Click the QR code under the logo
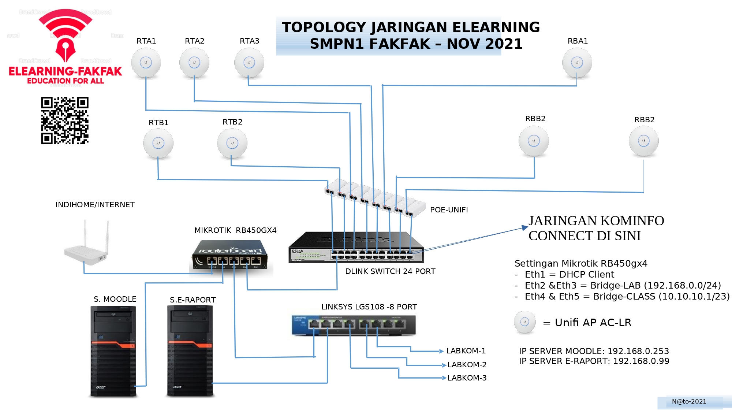(x=65, y=120)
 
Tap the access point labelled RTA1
(x=146, y=63)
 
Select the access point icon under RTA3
(x=249, y=63)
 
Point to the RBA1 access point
(x=577, y=63)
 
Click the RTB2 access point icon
(x=232, y=143)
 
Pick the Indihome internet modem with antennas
(x=86, y=249)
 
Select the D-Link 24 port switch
(x=356, y=248)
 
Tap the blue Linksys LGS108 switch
(x=354, y=325)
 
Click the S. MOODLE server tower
(x=113, y=351)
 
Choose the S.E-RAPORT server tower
(x=190, y=351)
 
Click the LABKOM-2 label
(x=467, y=365)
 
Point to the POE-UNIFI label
(x=449, y=210)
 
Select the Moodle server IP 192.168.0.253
(x=638, y=351)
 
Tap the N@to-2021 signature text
(x=689, y=402)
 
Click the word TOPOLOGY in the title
(x=324, y=27)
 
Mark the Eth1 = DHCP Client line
(x=569, y=275)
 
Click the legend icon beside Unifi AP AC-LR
(x=524, y=322)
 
